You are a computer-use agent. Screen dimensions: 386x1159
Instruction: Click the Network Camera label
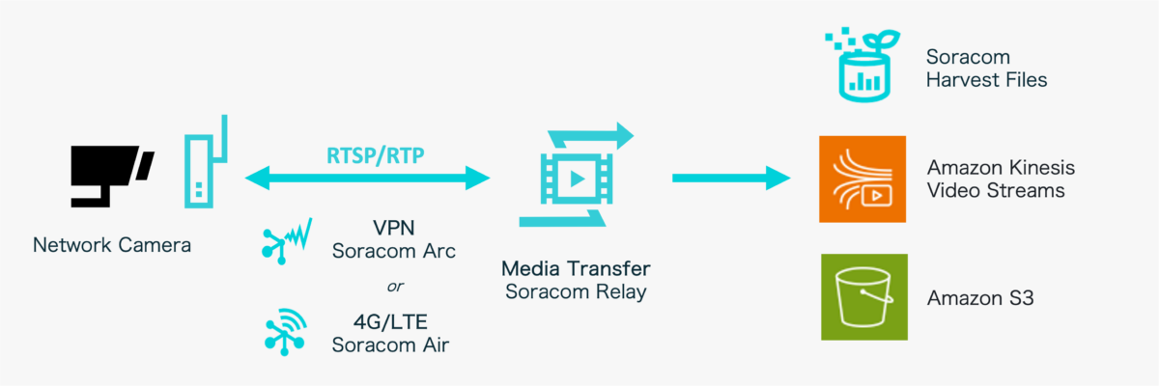(112, 245)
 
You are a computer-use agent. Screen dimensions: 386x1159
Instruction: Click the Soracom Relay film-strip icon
(578, 178)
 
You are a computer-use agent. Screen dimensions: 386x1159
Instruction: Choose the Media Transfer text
(577, 267)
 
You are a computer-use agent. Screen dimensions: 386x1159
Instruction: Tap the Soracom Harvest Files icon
(862, 65)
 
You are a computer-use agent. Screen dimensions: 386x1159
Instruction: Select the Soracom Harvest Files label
(985, 69)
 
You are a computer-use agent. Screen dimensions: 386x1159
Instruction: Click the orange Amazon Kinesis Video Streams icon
(862, 179)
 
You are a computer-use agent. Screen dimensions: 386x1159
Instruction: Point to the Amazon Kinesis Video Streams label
(1000, 179)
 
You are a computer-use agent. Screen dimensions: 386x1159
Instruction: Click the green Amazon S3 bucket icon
(863, 297)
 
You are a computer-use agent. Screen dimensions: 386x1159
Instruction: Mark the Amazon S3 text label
(979, 298)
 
